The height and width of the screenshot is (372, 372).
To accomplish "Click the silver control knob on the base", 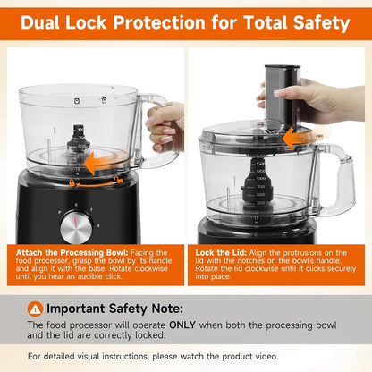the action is pos(76,227).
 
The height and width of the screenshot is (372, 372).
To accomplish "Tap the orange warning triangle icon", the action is pos(35,309).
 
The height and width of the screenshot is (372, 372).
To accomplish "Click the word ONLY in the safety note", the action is pos(182,325).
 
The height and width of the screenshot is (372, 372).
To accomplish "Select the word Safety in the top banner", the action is pos(321,23).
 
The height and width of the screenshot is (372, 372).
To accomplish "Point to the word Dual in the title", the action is pos(40,22).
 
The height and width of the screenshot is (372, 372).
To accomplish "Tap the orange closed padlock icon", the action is pos(72,182).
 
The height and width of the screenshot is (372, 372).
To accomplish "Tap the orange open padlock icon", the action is pos(117,180).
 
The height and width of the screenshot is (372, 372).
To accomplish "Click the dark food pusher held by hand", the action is pos(283,96).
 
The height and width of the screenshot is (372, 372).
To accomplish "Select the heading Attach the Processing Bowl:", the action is pos(72,252).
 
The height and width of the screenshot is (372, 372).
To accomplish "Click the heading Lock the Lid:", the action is pos(221,252).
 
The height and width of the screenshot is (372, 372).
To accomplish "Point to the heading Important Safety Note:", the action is pos(114,309).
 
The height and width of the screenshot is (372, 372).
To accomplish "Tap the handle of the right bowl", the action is pos(337,178).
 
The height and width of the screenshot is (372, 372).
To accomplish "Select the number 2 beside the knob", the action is pos(98,225).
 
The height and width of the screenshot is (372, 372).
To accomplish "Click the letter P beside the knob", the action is pos(60,213).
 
